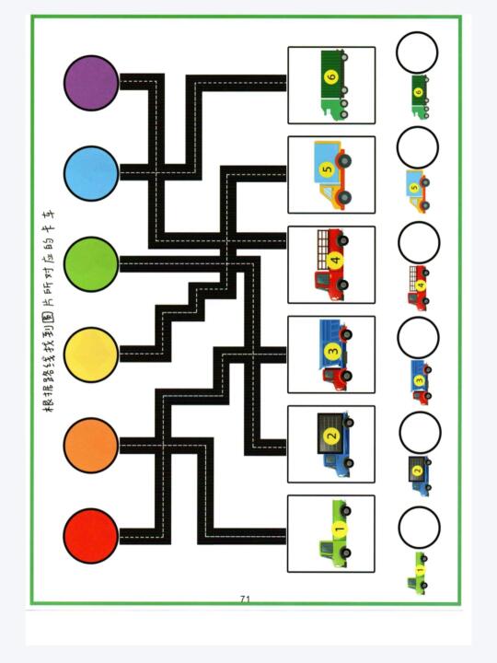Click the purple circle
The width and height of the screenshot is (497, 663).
click(91, 83)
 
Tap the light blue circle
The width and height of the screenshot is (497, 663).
click(91, 173)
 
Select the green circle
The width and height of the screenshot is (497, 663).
click(91, 264)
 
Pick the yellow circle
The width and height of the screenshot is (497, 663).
click(91, 355)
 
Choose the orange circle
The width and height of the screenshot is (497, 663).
click(91, 446)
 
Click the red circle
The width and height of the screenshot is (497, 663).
click(91, 536)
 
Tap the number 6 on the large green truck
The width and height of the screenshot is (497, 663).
click(332, 76)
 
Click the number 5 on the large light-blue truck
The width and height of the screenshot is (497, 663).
click(328, 169)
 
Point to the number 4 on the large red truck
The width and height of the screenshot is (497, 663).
click(336, 260)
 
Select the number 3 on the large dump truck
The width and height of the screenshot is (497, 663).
click(332, 351)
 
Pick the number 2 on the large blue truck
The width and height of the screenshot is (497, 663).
click(331, 435)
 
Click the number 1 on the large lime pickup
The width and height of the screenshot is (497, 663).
click(340, 529)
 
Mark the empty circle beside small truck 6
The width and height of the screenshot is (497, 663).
click(417, 52)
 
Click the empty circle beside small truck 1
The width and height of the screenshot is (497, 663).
click(420, 528)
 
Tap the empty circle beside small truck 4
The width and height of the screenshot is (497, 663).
click(419, 243)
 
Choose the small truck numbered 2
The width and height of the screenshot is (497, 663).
click(420, 476)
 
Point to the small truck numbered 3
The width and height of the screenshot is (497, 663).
click(421, 381)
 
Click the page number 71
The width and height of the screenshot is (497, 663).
click(245, 599)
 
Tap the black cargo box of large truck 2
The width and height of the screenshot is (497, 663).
click(330, 435)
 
